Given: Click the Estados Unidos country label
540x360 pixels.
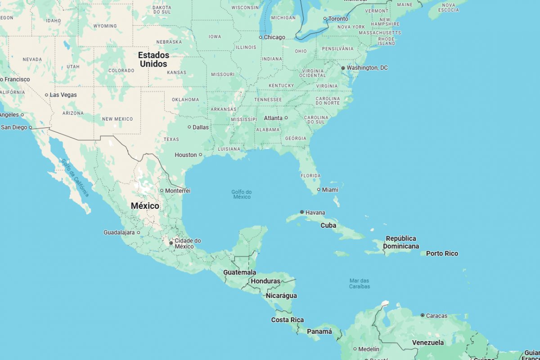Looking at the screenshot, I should tap(153, 59).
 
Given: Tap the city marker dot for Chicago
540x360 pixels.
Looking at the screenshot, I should tap(261, 37).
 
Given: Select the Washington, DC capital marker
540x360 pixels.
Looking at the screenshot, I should tap(343, 68).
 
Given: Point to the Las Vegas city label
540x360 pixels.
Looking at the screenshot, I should tap(63, 95).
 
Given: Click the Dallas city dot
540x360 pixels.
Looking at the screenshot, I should tap(189, 127).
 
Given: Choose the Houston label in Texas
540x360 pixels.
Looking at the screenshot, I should tap(186, 155).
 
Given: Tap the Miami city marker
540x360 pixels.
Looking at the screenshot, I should tap(319, 190).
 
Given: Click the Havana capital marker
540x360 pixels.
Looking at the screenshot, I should tap(302, 212).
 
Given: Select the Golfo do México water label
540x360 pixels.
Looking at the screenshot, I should tap(242, 194).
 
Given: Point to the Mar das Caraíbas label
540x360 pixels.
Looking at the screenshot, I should tap(360, 283).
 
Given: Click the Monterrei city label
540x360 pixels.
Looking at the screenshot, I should tap(178, 191).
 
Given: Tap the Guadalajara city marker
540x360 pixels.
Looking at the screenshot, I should tap(139, 233).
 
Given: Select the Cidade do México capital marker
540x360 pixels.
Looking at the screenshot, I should tap(171, 243).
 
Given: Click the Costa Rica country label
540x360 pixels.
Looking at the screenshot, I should tap(287, 320).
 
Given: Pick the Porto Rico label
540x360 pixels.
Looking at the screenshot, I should tap(442, 253).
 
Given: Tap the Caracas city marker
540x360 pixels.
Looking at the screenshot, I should tap(423, 315).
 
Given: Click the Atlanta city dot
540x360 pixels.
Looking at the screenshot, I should tap(286, 118).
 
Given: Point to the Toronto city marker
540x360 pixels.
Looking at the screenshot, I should tap(325, 18).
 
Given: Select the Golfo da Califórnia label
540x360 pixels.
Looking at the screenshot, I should tap(75, 178).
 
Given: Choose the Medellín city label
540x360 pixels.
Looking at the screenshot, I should tap(369, 349).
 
